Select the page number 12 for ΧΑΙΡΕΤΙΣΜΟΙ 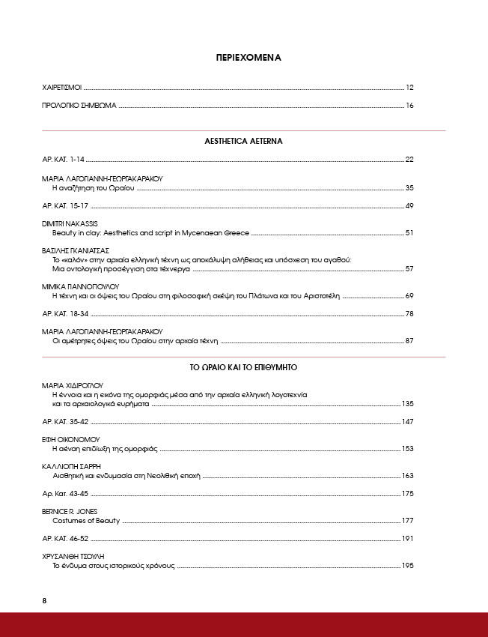[409, 88]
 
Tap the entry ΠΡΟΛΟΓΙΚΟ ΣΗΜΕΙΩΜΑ [79, 106]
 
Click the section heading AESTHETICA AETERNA [243, 141]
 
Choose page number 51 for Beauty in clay [409, 234]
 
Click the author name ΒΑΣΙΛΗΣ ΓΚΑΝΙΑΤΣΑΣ [76, 250]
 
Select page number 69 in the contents [409, 297]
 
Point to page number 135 [408, 404]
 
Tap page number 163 [408, 476]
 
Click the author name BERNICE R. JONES [70, 510]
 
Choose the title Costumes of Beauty [85, 520]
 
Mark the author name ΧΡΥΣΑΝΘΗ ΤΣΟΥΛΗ [73, 556]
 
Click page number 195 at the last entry [408, 566]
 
